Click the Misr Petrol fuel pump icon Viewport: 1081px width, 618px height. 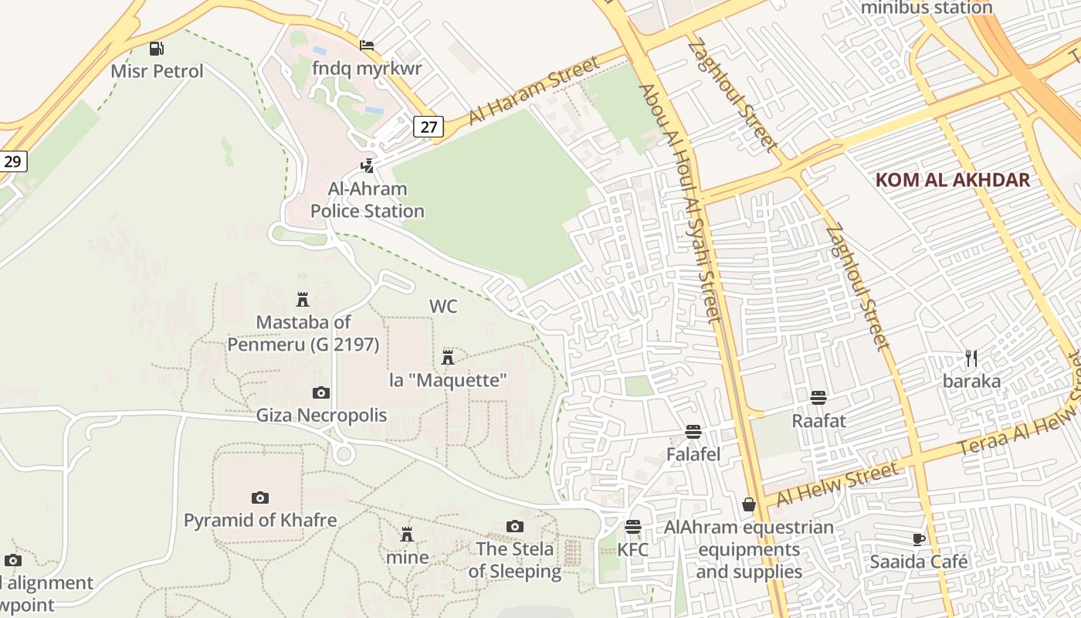157,49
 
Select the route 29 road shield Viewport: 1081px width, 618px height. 12,161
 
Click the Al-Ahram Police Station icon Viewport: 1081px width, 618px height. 368,165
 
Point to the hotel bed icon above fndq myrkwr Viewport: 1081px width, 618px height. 367,46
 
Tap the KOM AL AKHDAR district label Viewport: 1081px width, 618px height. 953,180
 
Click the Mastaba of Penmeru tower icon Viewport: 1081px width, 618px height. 303,299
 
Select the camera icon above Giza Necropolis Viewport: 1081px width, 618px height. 321,392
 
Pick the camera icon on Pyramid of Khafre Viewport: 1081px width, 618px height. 260,497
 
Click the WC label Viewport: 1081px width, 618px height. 443,306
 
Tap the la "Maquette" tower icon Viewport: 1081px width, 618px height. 447,357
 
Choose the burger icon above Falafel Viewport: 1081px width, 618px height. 693,431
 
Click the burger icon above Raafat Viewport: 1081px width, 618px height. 818,398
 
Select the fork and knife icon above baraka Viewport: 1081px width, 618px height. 971,358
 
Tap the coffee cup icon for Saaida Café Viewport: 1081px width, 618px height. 918,538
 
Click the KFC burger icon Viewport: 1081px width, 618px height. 633,527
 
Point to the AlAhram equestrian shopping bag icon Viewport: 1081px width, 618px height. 748,504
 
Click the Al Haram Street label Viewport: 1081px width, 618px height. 533,94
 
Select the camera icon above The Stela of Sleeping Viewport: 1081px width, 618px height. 515,526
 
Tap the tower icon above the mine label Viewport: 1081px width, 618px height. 407,534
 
